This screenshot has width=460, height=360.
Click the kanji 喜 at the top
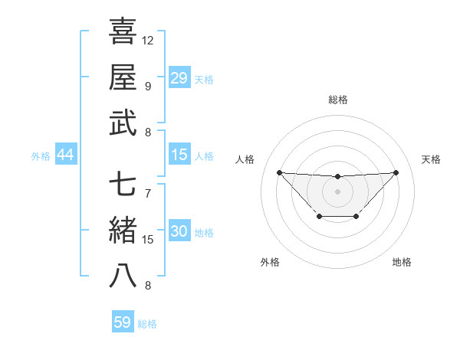point(123,32)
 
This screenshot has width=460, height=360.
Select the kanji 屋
point(123,77)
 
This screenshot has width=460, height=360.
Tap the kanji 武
point(123,123)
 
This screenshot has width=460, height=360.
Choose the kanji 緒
point(123,230)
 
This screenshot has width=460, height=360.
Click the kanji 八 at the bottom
point(123,276)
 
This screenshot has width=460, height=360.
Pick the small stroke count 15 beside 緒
point(148,240)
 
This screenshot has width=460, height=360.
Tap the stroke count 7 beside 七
point(148,192)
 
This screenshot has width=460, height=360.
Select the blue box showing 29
point(179,77)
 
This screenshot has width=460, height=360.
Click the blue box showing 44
point(65,155)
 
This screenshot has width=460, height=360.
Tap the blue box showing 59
point(123,322)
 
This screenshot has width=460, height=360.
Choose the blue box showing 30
point(179,232)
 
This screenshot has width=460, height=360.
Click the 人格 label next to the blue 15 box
point(204,156)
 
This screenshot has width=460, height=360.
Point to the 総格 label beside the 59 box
point(148,324)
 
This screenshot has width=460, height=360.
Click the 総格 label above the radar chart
point(337,100)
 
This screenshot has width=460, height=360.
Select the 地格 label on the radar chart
point(402,262)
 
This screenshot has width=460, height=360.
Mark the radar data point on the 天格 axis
point(396,172)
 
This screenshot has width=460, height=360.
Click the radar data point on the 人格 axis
point(279,172)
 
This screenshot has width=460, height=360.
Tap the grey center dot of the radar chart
point(337,191)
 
